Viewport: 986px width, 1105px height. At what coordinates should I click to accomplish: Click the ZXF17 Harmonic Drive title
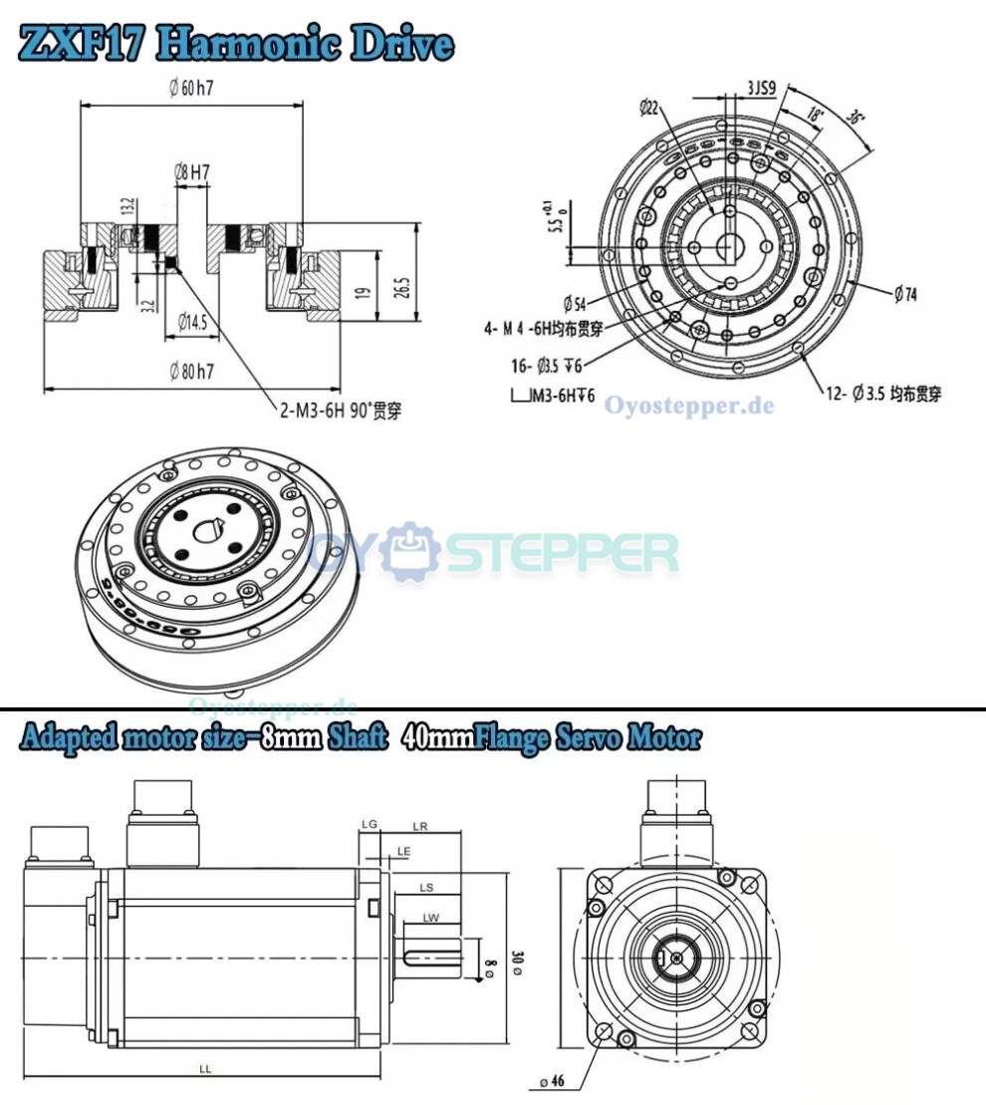[x=236, y=44]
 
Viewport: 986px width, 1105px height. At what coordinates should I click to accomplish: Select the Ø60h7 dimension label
[x=192, y=88]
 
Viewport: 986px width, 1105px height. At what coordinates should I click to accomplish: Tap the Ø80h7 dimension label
[x=193, y=372]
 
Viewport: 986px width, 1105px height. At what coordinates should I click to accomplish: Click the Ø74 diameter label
[x=905, y=294]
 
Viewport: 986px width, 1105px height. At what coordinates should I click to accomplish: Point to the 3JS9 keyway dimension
[x=762, y=88]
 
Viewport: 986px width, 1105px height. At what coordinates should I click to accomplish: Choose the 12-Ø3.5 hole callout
[x=881, y=395]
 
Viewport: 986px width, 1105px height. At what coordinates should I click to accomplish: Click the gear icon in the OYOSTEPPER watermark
[x=411, y=550]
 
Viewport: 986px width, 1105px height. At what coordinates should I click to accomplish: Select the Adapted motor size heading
[x=360, y=738]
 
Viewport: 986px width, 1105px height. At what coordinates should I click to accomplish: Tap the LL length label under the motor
[x=205, y=1068]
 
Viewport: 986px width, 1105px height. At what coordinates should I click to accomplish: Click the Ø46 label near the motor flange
[x=550, y=1080]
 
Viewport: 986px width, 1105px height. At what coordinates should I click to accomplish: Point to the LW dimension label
[x=430, y=917]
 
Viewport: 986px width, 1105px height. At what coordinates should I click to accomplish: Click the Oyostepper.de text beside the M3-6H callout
[x=688, y=406]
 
